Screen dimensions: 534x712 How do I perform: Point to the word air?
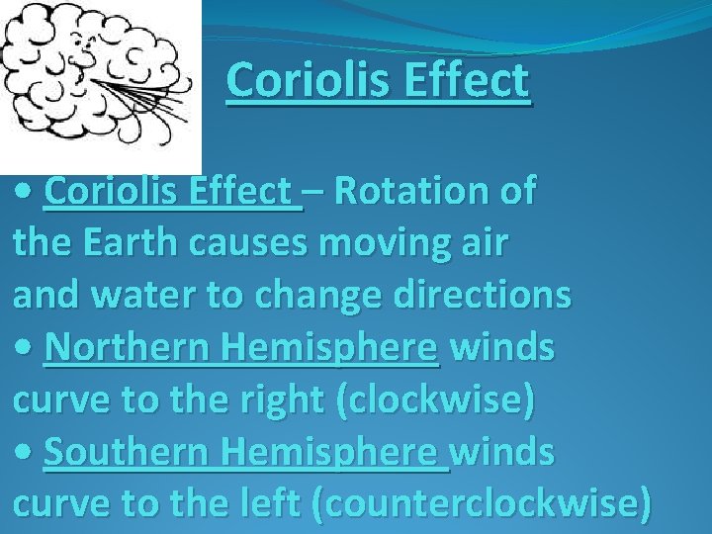[x=484, y=244]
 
